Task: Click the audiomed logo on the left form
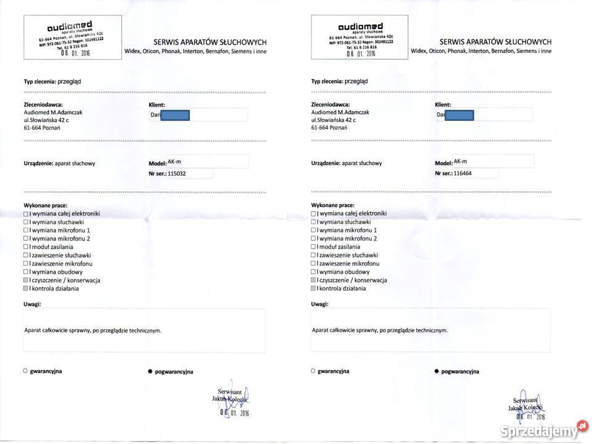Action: click(69, 26)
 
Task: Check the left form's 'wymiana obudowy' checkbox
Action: click(26, 272)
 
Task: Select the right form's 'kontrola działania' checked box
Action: click(314, 288)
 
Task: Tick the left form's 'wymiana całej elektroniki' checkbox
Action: click(26, 213)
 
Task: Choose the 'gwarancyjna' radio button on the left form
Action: click(25, 371)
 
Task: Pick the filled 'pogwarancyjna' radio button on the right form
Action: click(437, 371)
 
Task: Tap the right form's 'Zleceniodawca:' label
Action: click(331, 105)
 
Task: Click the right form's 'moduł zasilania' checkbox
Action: click(314, 247)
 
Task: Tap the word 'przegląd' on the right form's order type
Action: click(356, 81)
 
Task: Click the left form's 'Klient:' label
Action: click(157, 105)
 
